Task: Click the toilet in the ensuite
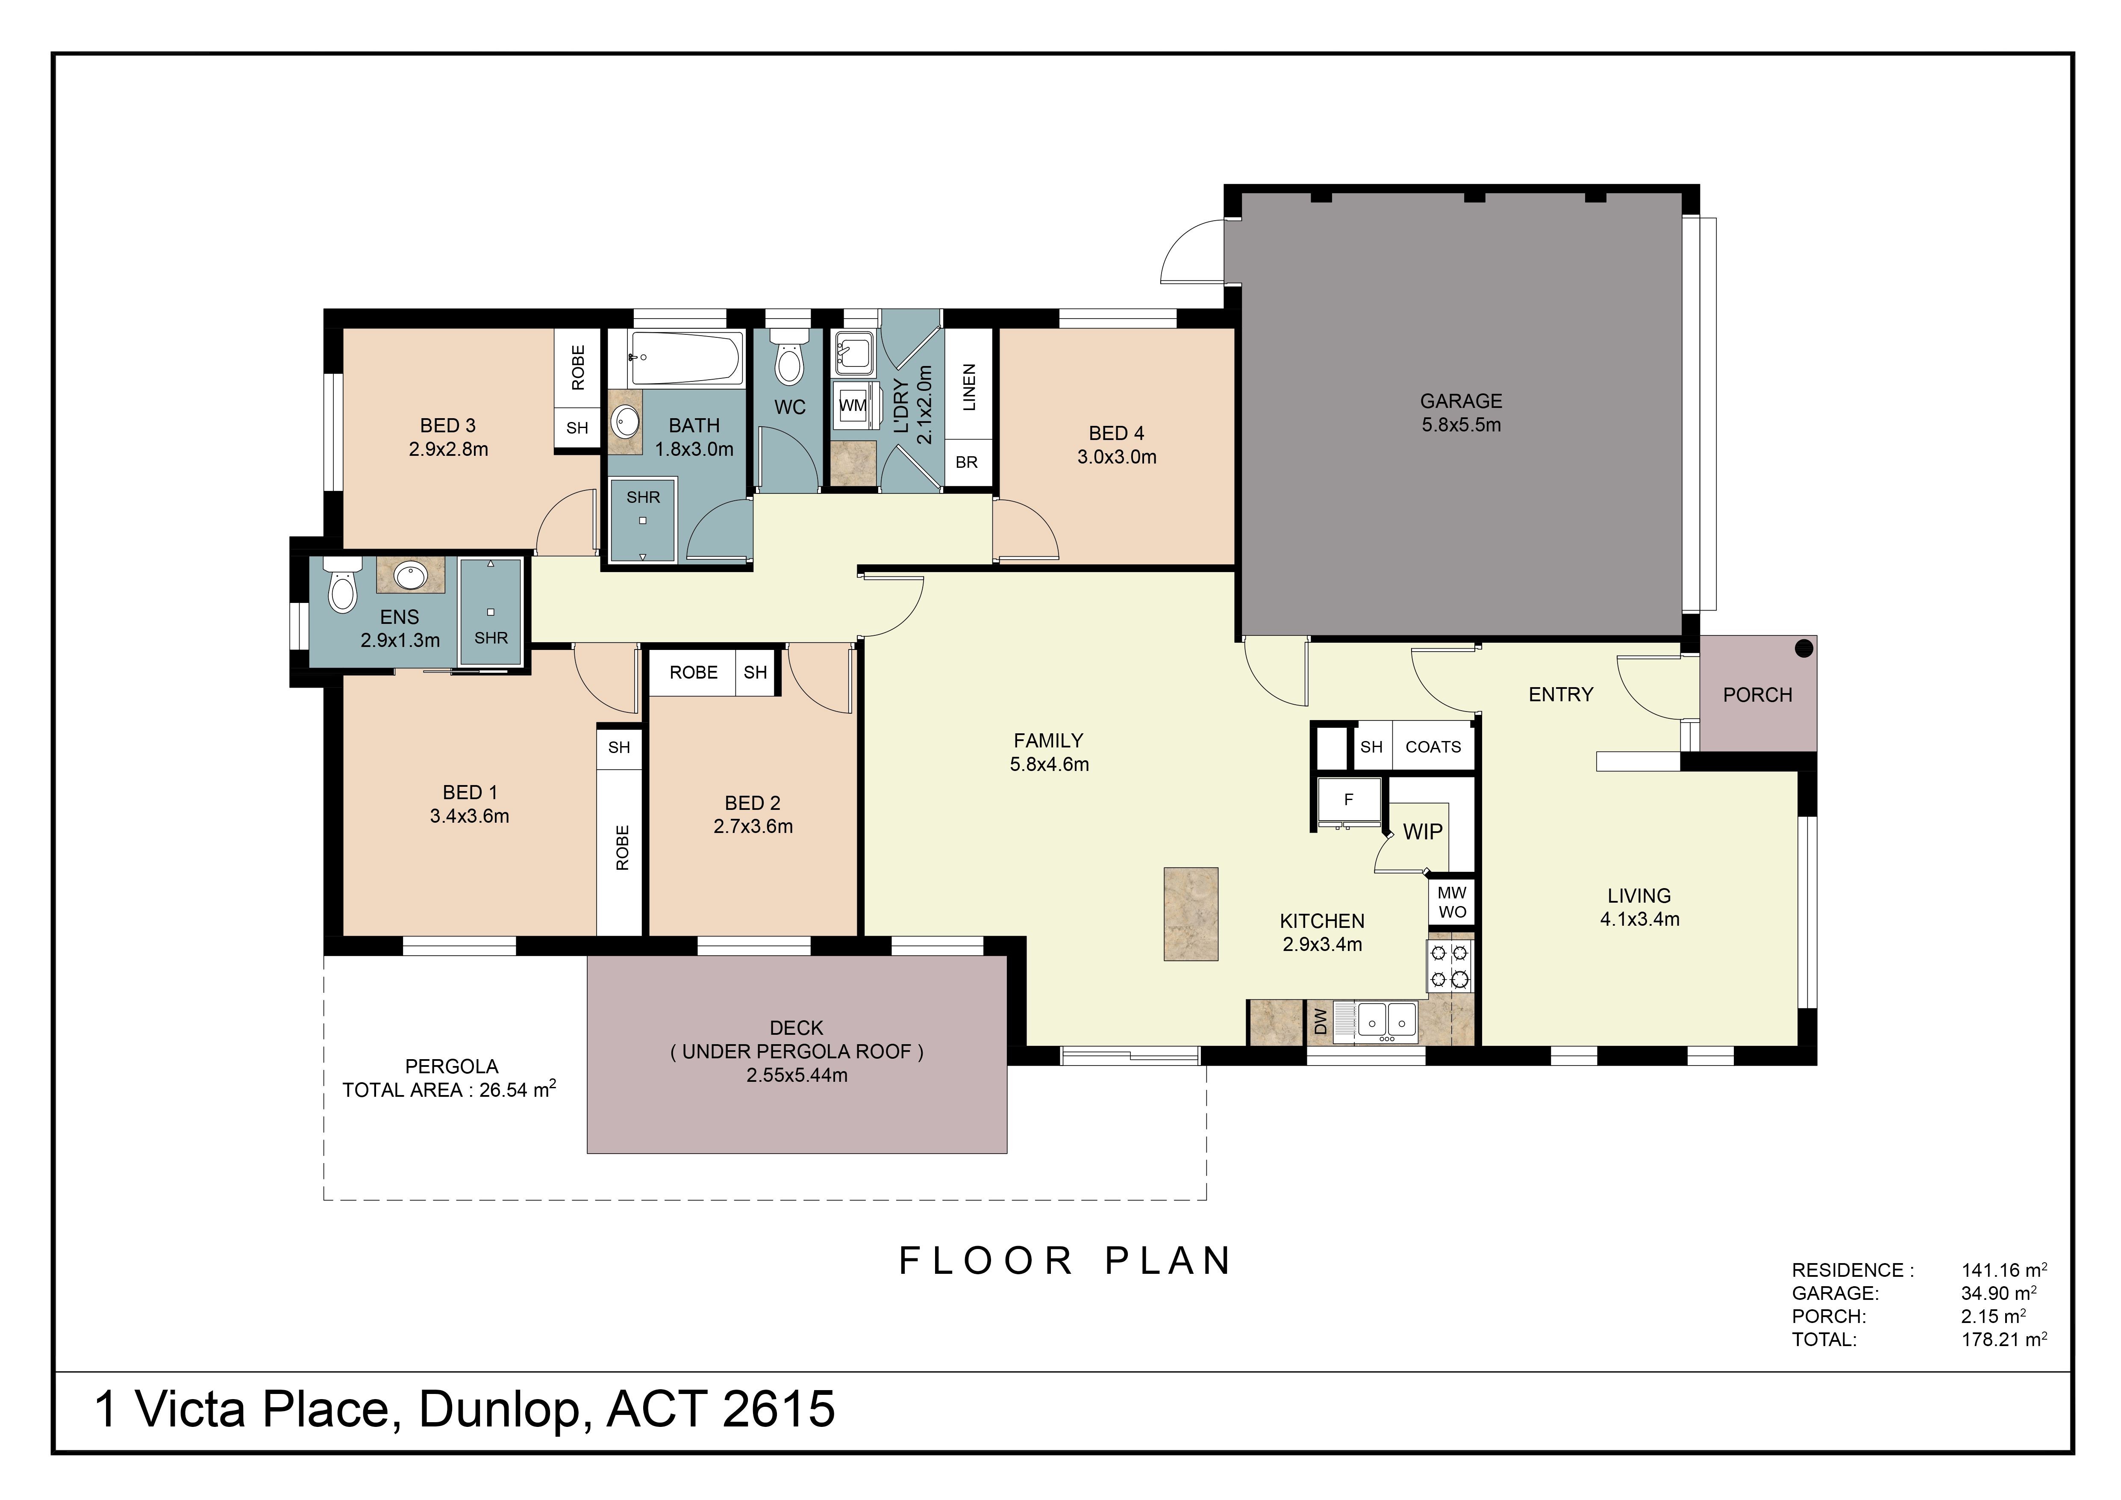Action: (x=342, y=585)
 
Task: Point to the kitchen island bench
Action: (x=1191, y=914)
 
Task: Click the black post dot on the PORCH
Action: (x=1803, y=649)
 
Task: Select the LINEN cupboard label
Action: (x=968, y=387)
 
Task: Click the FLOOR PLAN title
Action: (x=1065, y=1261)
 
